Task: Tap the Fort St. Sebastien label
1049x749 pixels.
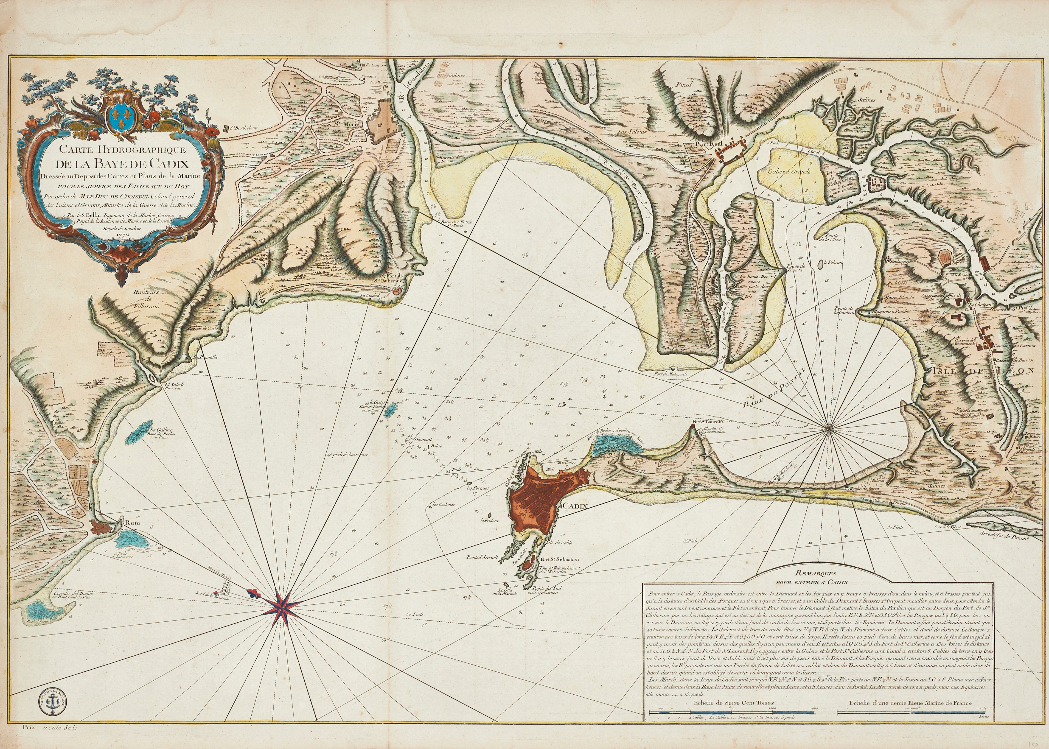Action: (x=554, y=559)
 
